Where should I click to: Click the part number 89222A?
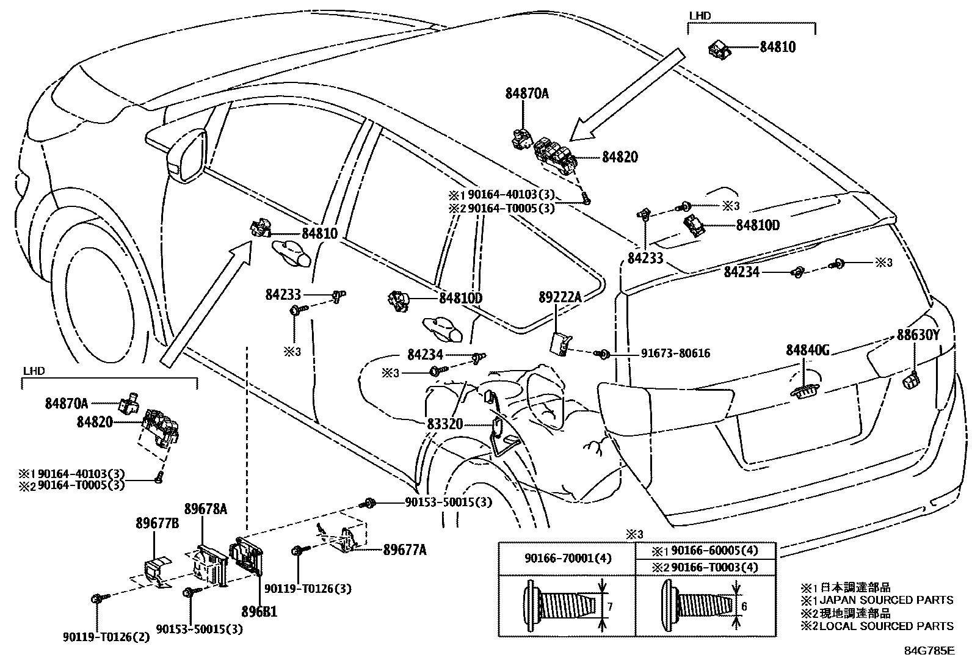click(560, 298)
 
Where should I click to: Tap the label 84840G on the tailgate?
click(807, 350)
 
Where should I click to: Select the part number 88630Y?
click(917, 335)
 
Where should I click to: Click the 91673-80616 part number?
click(675, 354)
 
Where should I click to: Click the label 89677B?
click(157, 523)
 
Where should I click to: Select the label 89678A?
click(206, 509)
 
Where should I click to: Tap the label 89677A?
click(405, 550)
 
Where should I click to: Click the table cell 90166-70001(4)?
click(567, 559)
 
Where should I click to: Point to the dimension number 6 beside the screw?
click(744, 606)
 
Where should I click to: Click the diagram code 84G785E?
click(929, 651)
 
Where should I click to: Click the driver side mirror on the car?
click(187, 156)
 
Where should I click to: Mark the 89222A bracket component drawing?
click(560, 344)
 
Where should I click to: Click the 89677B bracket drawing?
click(157, 571)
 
